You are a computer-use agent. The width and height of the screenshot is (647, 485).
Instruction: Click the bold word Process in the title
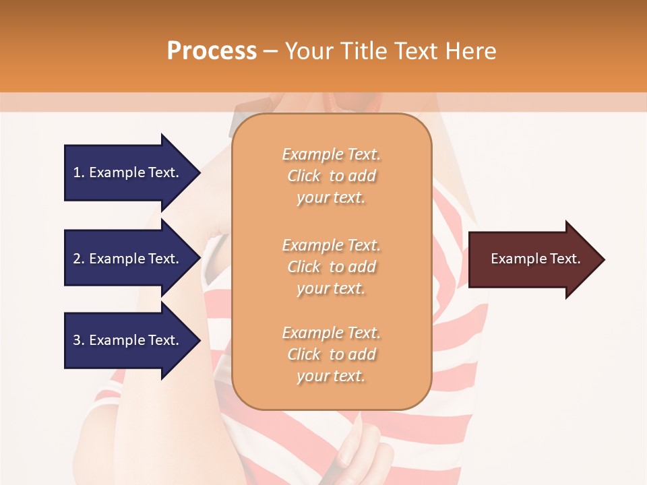(x=212, y=51)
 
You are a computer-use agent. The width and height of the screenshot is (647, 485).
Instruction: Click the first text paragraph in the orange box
(x=331, y=176)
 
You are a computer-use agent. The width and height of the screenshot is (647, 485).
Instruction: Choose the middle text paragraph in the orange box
(x=331, y=267)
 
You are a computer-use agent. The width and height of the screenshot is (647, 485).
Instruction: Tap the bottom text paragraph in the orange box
(x=331, y=354)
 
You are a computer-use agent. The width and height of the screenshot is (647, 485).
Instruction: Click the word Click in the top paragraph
(x=304, y=176)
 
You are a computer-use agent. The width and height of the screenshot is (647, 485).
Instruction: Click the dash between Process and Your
(x=270, y=51)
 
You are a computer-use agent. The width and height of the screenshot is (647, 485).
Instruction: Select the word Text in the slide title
(x=414, y=51)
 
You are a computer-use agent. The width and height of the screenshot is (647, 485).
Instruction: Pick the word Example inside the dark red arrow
(x=514, y=259)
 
